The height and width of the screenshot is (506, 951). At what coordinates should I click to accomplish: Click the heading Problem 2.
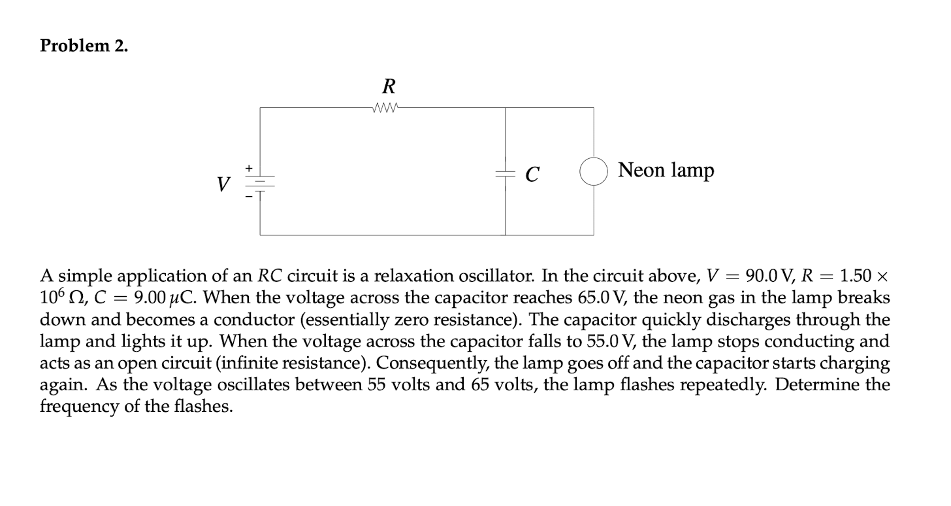tap(84, 46)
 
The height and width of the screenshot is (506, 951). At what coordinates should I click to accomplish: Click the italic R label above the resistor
tap(389, 86)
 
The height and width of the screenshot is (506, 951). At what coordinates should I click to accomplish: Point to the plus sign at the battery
tap(249, 169)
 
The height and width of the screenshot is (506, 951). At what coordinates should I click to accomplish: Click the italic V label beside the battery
tap(224, 185)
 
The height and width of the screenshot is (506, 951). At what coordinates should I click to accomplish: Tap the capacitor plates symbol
tap(505, 173)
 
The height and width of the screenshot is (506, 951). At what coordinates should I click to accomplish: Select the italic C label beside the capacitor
tap(532, 175)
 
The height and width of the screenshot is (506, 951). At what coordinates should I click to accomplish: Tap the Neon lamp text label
tap(666, 171)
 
